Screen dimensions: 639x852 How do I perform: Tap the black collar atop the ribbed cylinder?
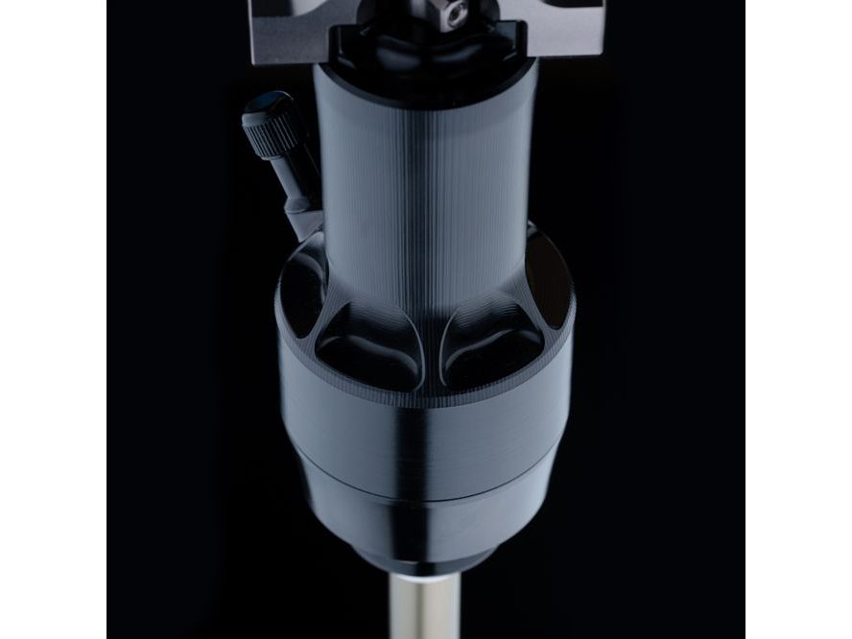(428, 53)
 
